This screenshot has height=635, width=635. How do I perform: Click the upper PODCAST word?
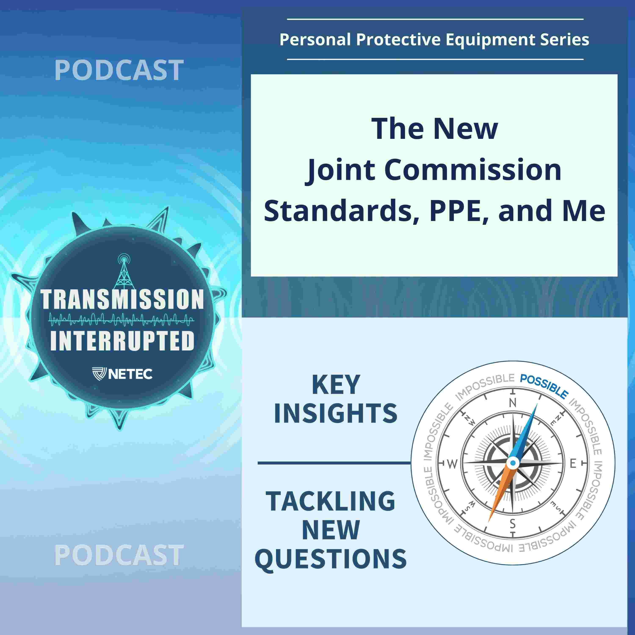coord(119,70)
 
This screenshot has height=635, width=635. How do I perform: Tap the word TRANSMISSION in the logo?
coord(122,299)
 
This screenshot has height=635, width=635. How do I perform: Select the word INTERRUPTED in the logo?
coord(122,341)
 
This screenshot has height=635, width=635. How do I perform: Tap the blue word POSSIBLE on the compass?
coord(544,386)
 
